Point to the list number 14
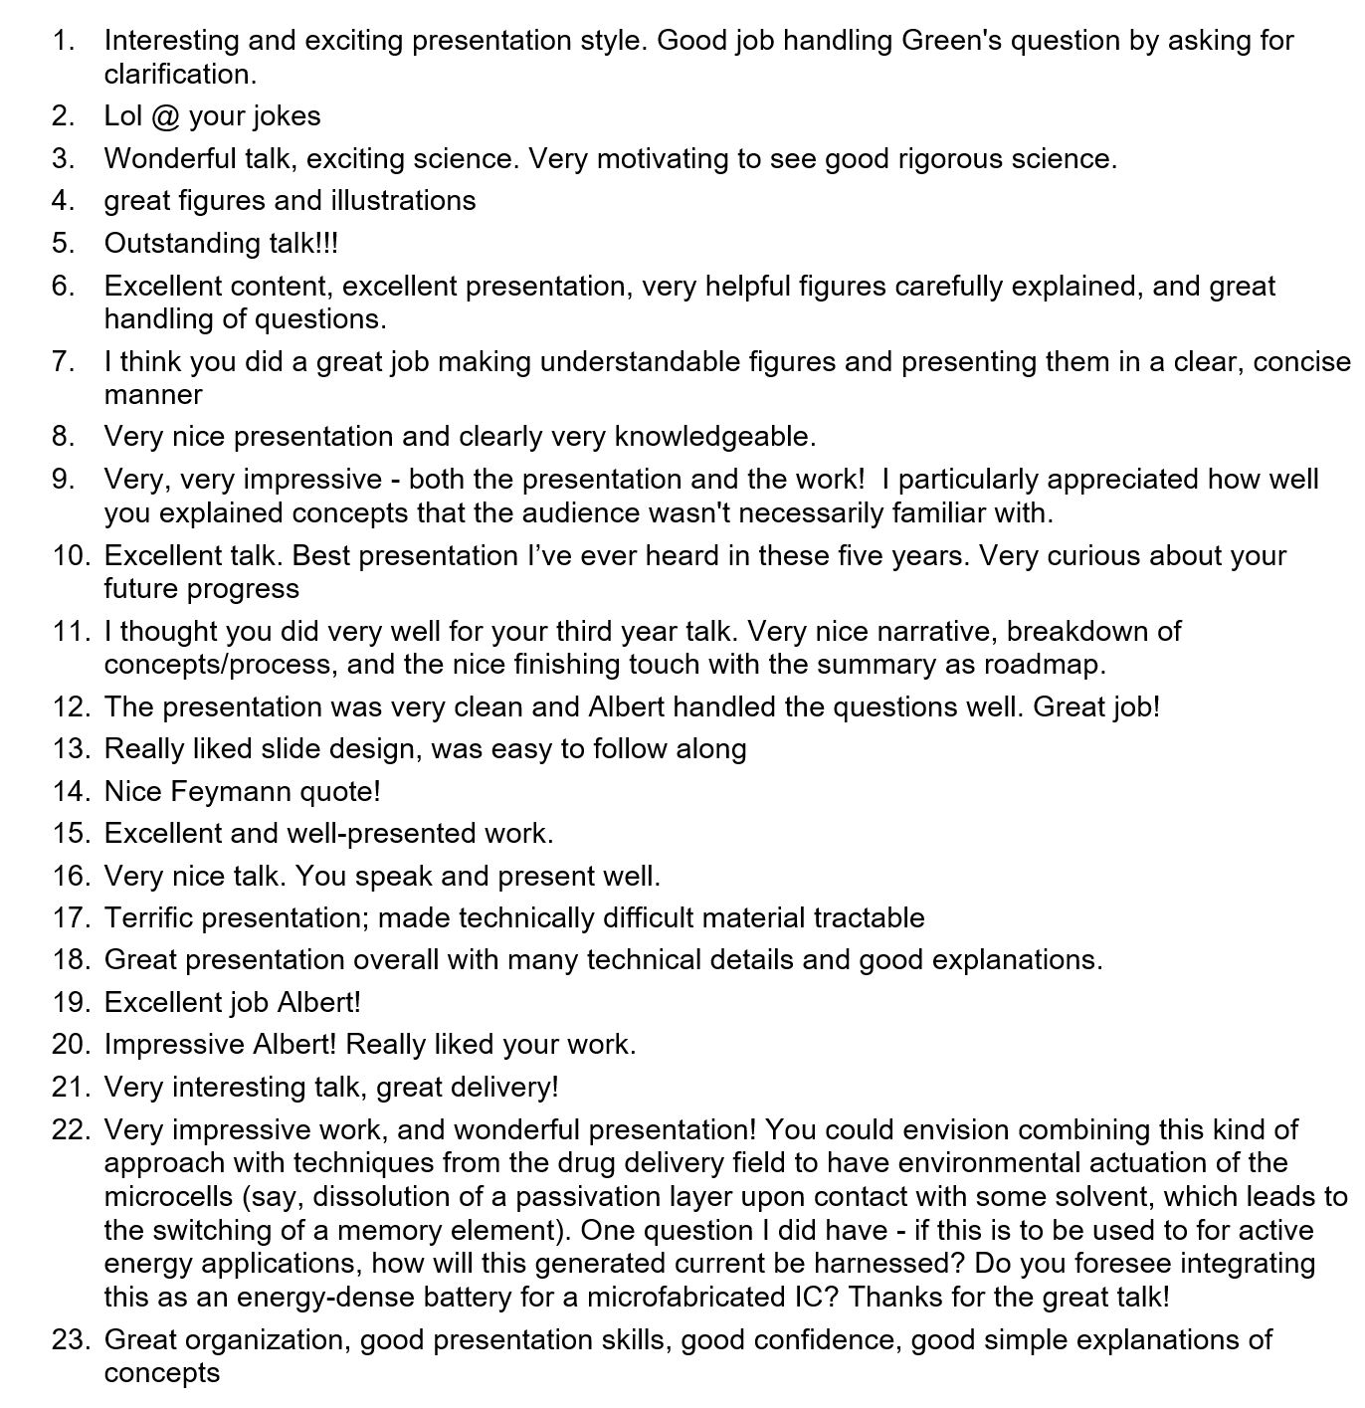click(70, 792)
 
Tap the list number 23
click(70, 1340)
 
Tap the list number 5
click(64, 244)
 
